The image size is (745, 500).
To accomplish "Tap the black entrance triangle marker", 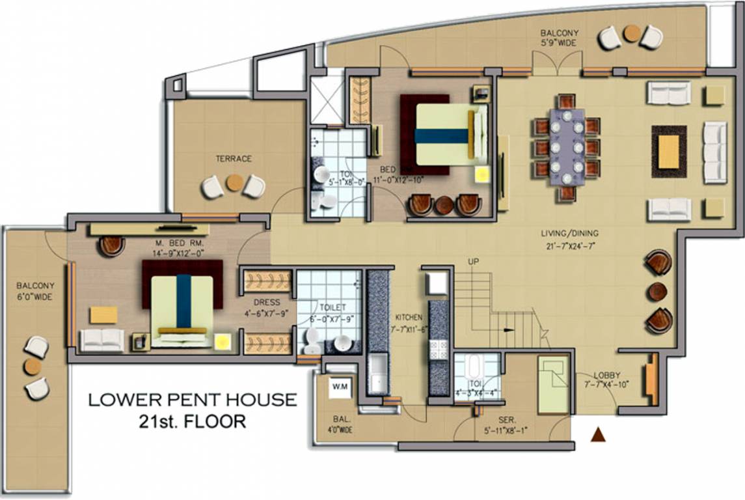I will (597, 435).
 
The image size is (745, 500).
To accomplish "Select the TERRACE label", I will (234, 158).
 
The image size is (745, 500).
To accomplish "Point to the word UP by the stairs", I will (474, 262).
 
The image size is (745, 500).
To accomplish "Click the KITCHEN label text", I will (409, 317).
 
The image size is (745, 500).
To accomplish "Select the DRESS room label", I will (267, 302).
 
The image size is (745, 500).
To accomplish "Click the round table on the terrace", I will (234, 184).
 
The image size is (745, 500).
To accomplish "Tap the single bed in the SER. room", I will (553, 385).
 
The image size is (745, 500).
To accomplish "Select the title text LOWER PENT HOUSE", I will (193, 400).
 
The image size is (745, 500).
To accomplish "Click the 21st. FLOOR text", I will (193, 421).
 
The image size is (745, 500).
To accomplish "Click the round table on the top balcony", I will (631, 33).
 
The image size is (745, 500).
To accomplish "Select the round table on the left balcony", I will (33, 367).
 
